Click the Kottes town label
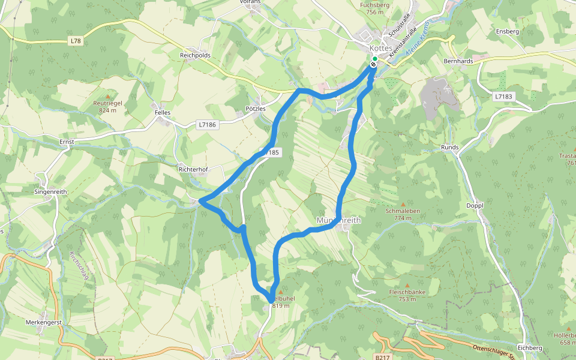[381, 47]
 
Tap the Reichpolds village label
[195, 55]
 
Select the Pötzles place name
[256, 109]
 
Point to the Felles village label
[163, 112]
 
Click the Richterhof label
[193, 170]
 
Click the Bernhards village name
[458, 61]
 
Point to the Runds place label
[450, 147]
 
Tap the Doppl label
[475, 205]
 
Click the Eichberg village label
[529, 347]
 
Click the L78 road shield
[74, 41]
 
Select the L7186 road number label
[206, 125]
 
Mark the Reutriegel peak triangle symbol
[108, 96]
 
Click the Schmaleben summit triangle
[403, 203]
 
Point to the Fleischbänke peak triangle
[407, 286]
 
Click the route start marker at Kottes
[374, 59]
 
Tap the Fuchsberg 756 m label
[374, 8]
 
